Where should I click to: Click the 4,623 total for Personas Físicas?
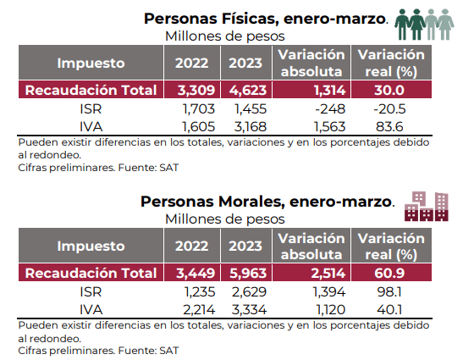(x=248, y=90)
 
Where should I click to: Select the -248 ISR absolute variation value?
(x=330, y=108)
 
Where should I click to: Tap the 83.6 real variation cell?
(x=389, y=127)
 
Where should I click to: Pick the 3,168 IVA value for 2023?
(x=251, y=127)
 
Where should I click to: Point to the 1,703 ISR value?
(x=199, y=108)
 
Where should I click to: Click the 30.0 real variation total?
(x=389, y=90)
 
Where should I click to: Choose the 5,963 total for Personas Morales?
(x=248, y=273)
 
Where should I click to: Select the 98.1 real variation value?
(x=389, y=292)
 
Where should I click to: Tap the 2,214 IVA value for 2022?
(x=199, y=310)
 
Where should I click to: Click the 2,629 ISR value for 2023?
(x=249, y=292)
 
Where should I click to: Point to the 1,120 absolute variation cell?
(x=330, y=310)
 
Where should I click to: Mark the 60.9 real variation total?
(x=389, y=273)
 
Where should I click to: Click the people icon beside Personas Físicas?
(x=424, y=25)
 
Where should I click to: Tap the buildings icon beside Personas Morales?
(x=427, y=207)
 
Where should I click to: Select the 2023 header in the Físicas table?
(x=245, y=63)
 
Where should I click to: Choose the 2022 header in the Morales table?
(x=191, y=246)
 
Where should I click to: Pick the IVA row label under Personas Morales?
(x=91, y=310)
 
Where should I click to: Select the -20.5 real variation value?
(x=389, y=108)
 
